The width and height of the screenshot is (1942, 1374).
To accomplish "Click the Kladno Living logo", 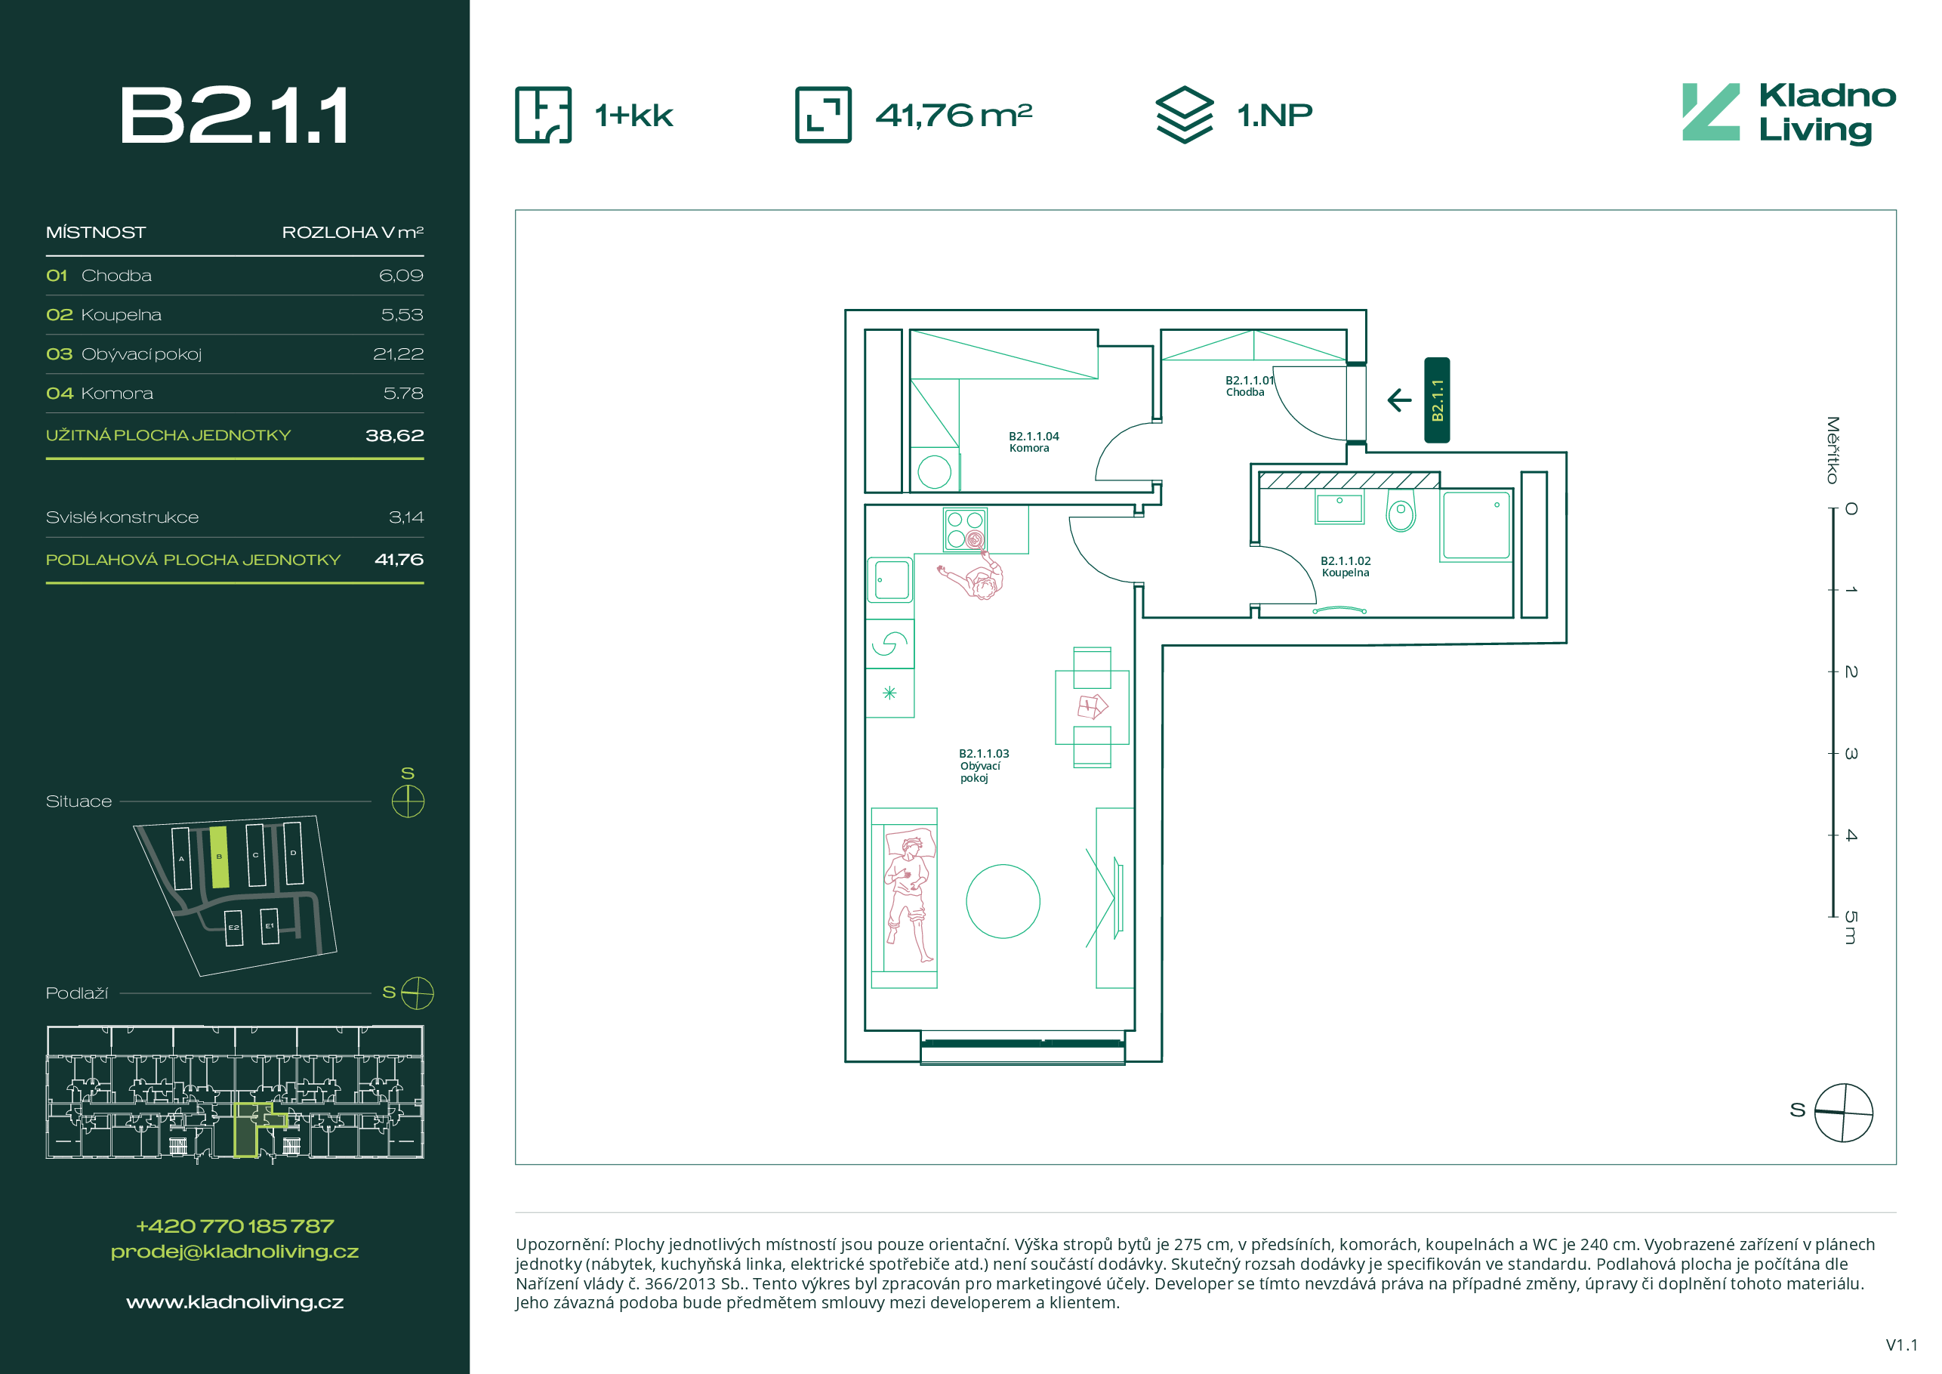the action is (1789, 113).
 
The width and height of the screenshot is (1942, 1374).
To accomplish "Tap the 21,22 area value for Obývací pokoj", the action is (399, 354).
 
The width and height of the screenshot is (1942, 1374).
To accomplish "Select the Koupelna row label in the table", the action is (121, 315).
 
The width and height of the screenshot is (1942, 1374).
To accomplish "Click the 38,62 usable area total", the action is (394, 435).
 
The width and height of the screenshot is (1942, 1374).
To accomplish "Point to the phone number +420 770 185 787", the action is (235, 1226).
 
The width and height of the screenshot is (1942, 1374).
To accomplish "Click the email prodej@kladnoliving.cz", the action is (235, 1252).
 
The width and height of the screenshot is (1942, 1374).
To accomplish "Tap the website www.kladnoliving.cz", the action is (235, 1302).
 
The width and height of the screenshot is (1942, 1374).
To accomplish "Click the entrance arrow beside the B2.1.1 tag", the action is (1400, 400).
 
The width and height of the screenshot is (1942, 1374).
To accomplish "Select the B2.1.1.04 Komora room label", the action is (1034, 442).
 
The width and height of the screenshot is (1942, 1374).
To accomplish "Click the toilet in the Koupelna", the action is (1401, 510).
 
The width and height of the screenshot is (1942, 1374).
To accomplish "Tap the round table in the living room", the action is (1003, 901).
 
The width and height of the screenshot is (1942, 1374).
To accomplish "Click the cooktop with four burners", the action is (965, 529).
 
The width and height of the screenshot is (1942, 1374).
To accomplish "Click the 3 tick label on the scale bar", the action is (1851, 753).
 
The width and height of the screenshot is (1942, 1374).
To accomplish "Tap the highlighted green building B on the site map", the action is (219, 857).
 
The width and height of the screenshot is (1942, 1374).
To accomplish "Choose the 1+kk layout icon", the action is (543, 114).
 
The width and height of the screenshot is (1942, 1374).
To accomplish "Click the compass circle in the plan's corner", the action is (1844, 1113).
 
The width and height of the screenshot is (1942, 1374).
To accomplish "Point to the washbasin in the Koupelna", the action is (1339, 508).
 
